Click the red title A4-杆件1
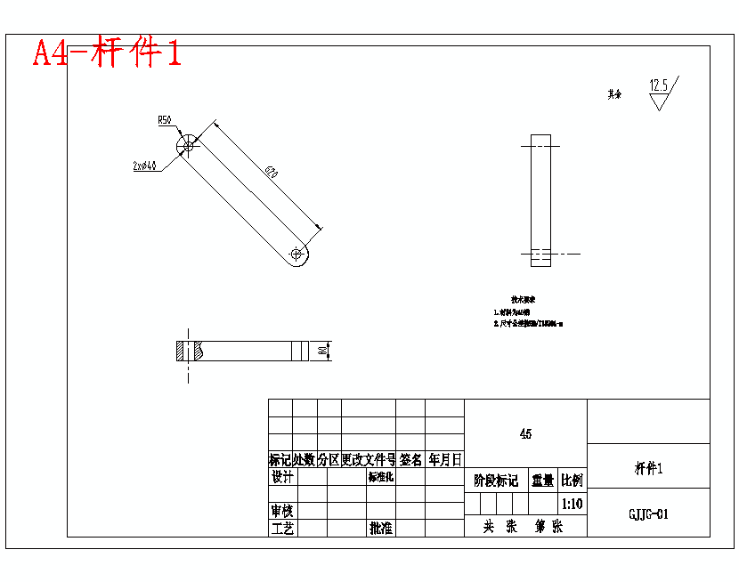[108, 53]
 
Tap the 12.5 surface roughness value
[659, 85]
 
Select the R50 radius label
[165, 119]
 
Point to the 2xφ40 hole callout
[144, 166]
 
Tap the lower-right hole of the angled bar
[296, 254]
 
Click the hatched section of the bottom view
[183, 351]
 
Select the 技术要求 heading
[523, 300]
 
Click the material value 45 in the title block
[525, 434]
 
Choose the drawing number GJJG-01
[648, 513]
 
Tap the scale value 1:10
[573, 504]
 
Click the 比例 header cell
[573, 481]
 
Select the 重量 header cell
[543, 481]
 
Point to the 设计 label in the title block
[282, 477]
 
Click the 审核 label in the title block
[282, 512]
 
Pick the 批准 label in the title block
[382, 529]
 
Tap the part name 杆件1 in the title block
[648, 468]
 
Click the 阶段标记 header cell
[496, 481]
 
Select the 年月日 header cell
[445, 460]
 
